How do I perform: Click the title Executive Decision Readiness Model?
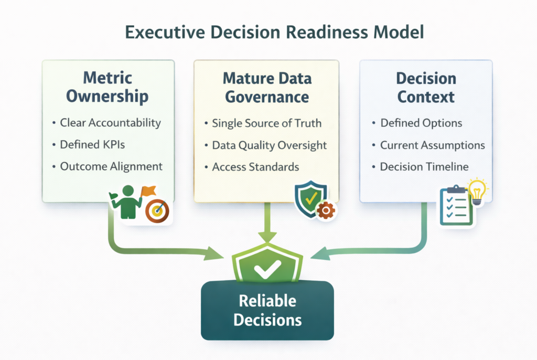[x=268, y=33]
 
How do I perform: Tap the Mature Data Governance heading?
[x=266, y=88]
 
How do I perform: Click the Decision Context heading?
[x=426, y=88]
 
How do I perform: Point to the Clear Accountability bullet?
[x=110, y=123]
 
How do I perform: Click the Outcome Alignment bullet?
[x=111, y=166]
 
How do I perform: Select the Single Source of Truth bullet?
[x=266, y=124]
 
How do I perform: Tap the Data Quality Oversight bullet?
[x=269, y=145]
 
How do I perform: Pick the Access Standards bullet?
[x=255, y=167]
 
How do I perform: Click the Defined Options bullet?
[x=421, y=123]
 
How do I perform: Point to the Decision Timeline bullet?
[x=424, y=167]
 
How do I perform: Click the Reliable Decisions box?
[x=267, y=310]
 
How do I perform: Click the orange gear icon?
[x=326, y=210]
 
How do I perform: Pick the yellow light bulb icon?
[x=477, y=190]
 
